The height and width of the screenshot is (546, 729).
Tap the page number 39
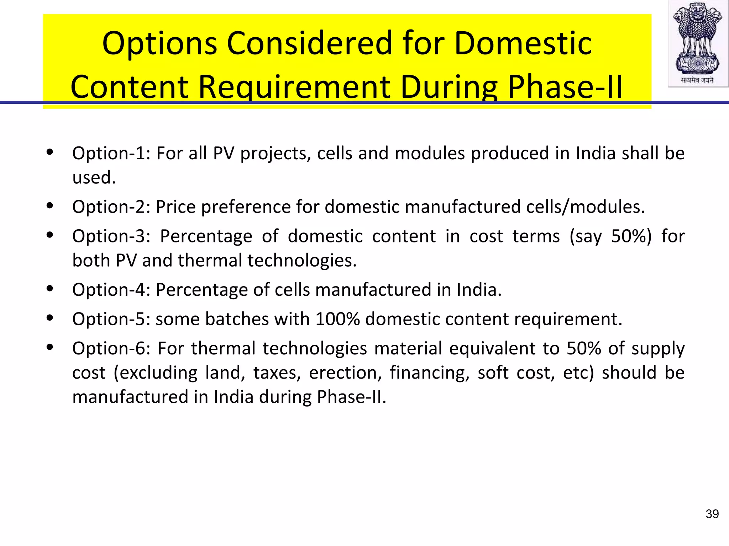pyautogui.click(x=712, y=514)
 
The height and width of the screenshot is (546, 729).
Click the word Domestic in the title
pyautogui.click(x=523, y=43)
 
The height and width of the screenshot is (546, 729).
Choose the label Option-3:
pyautogui.click(x=111, y=236)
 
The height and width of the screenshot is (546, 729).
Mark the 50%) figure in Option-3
pyautogui.click(x=631, y=236)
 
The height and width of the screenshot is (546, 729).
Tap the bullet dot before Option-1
pyautogui.click(x=50, y=152)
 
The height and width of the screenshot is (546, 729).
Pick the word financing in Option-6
pyautogui.click(x=429, y=373)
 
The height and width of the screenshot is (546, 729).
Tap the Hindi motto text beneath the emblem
pyautogui.click(x=697, y=80)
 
